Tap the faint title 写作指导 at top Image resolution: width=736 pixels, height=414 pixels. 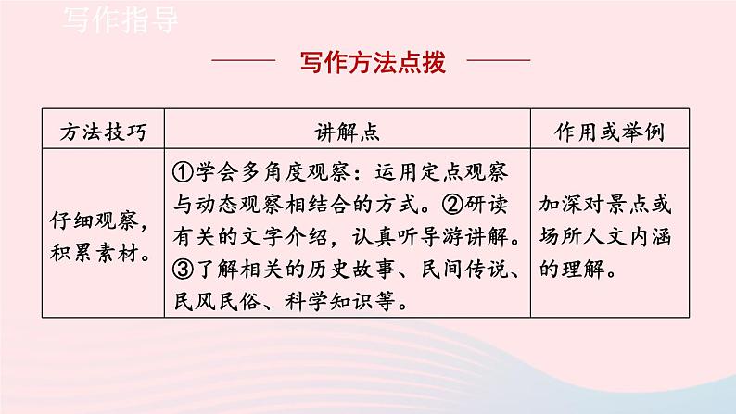click(121, 19)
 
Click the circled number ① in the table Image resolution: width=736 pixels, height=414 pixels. click(183, 173)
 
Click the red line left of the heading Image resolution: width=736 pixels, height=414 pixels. click(244, 63)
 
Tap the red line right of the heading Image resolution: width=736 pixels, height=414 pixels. click(495, 63)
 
